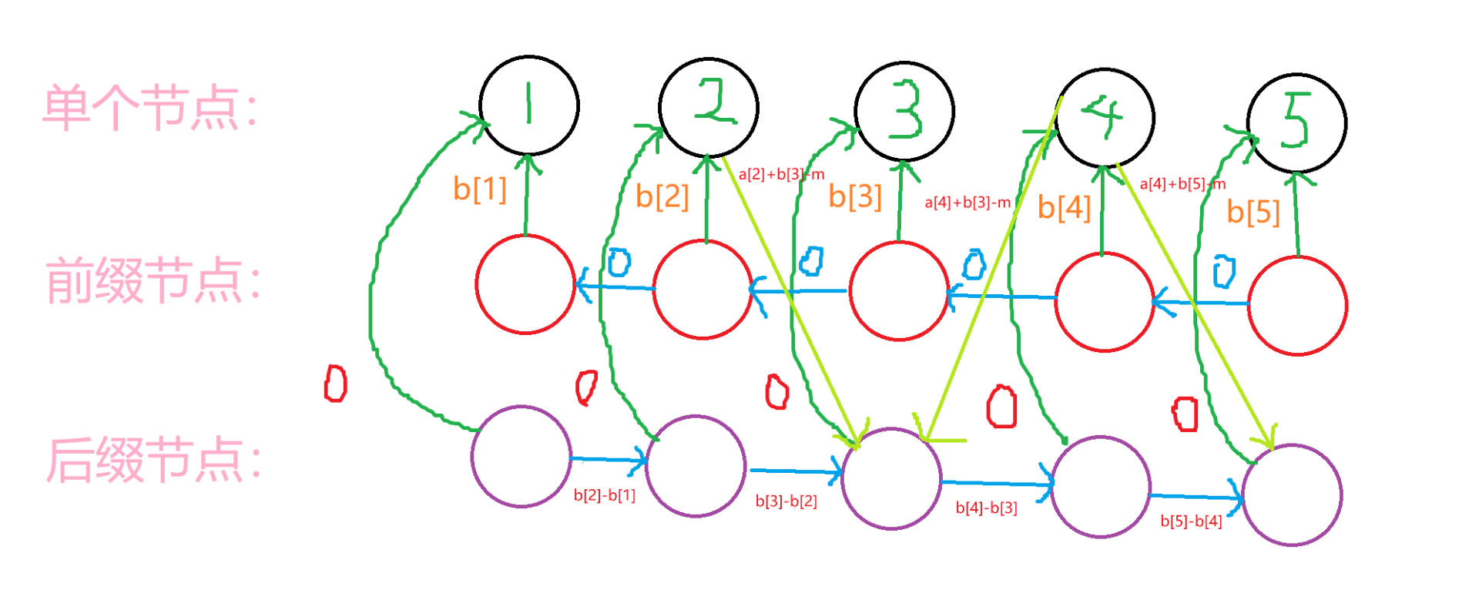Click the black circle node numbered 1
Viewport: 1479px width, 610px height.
coord(529,105)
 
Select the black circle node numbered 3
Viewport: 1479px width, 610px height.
coord(904,112)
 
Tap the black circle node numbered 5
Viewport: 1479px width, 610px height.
coord(1296,123)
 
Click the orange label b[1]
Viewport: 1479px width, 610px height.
coord(479,189)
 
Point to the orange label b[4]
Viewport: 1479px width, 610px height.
coord(1064,207)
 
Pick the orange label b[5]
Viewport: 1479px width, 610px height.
coord(1253,212)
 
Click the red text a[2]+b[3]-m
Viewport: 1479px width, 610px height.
coord(781,174)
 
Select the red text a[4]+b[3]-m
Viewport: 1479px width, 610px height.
coord(968,203)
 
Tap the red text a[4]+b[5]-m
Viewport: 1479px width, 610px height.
coord(1182,184)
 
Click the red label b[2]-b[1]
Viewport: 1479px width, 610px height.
coord(605,495)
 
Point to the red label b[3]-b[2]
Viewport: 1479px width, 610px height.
coord(786,501)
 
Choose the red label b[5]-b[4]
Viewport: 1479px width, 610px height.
coord(1191,521)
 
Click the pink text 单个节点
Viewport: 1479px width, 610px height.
coord(149,109)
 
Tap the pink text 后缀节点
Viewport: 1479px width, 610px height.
coord(153,461)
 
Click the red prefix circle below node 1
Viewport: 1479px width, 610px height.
coord(525,284)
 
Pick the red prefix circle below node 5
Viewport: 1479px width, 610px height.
coord(1297,306)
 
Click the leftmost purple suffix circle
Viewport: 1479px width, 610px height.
coord(522,457)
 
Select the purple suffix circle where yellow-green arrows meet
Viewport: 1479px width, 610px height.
coord(891,479)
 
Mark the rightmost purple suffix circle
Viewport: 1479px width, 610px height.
coord(1293,495)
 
